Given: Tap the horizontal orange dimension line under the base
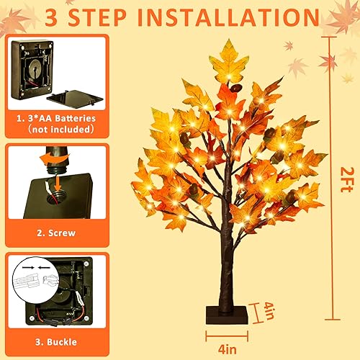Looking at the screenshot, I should tap(228, 334).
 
